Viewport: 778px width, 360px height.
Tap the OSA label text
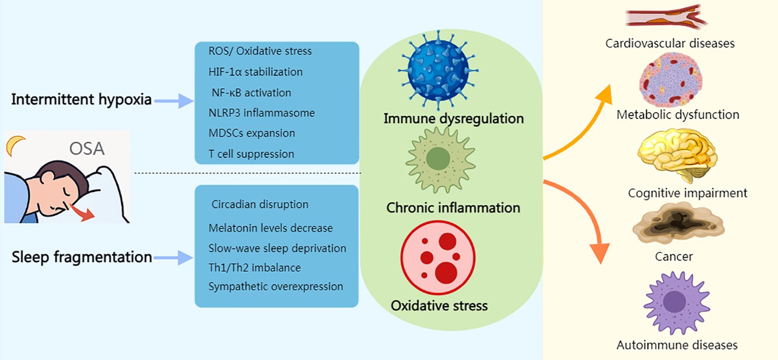[x=86, y=149]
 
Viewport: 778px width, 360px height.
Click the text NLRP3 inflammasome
[x=261, y=113]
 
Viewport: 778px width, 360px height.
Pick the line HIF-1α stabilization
[x=255, y=72]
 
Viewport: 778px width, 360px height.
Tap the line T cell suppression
[x=251, y=154]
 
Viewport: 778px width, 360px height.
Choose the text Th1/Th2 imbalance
[x=254, y=267]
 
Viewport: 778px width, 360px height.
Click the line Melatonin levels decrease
[x=270, y=228]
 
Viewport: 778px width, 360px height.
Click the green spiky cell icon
[x=440, y=160]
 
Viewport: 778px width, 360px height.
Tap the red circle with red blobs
[x=438, y=258]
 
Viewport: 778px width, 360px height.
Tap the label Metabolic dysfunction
[x=678, y=114]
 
